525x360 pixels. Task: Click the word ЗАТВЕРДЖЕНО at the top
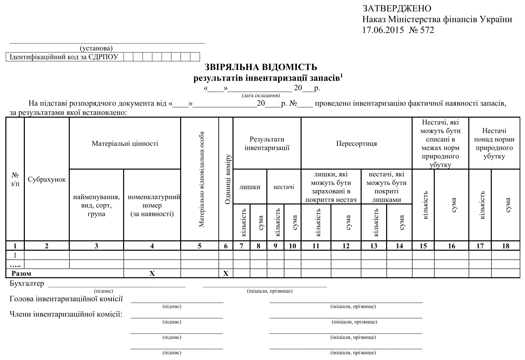[x=397, y=8]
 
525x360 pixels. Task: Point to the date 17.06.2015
[x=383, y=30]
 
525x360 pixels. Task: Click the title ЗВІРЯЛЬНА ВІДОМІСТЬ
[x=261, y=67]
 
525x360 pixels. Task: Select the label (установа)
[x=96, y=49]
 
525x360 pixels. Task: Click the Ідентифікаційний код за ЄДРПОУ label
[x=64, y=57]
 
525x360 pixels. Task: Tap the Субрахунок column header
[x=47, y=179]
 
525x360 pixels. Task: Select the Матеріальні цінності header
[x=125, y=143]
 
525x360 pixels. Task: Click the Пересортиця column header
[x=357, y=143]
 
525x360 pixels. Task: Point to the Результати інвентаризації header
[x=267, y=143]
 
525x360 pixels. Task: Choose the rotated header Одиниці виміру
[x=228, y=179]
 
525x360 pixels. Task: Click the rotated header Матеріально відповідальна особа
[x=201, y=179]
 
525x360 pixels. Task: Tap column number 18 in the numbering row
[x=506, y=246]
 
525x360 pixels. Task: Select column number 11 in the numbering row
[x=316, y=246]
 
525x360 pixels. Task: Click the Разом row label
[x=21, y=274]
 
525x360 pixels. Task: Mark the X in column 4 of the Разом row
[x=152, y=274]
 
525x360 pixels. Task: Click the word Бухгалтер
[x=27, y=284]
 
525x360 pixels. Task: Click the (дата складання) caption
[x=261, y=96]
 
